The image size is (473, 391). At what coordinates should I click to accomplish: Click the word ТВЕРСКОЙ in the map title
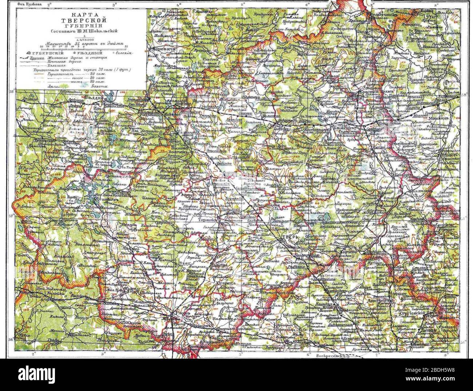(81, 20)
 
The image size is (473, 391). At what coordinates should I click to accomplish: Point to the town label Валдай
(92, 98)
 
